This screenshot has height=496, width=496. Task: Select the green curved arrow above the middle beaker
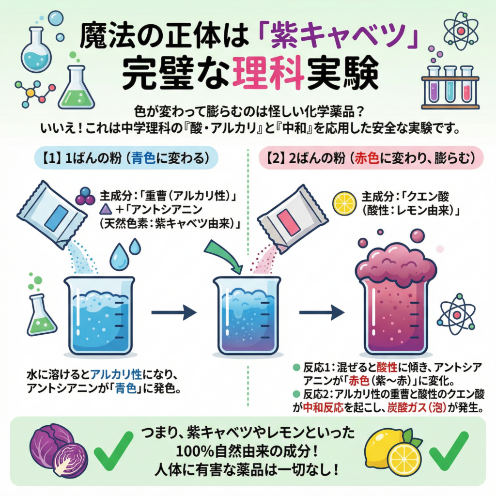point(224,254)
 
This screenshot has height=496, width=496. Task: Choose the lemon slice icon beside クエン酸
point(345,202)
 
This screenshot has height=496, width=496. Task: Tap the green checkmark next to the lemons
point(449,450)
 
